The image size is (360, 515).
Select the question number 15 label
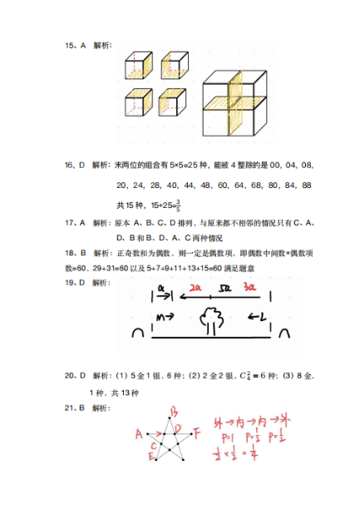click(74, 45)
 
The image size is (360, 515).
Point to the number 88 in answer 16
click(305, 185)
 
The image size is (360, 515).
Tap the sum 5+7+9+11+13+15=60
click(190, 269)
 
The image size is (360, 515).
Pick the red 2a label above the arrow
click(195, 289)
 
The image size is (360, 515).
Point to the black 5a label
click(223, 290)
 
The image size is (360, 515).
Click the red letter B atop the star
click(175, 410)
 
